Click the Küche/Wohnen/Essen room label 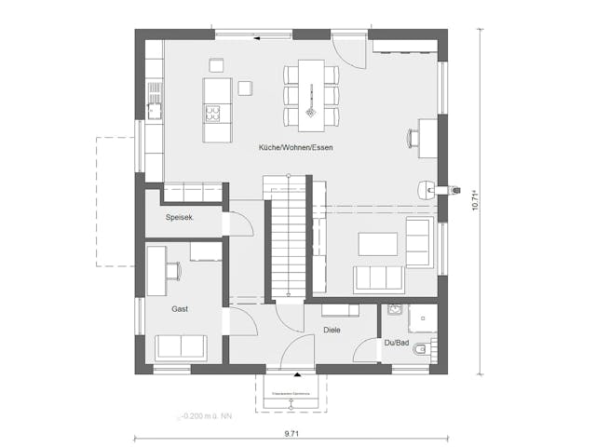click(296, 148)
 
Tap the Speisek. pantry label click(179, 218)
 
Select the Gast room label click(180, 308)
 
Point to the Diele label click(332, 330)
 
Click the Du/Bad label click(397, 343)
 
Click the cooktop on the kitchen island click(212, 115)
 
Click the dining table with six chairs click(311, 94)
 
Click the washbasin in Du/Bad click(393, 312)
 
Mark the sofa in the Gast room click(181, 347)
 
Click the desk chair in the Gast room click(173, 270)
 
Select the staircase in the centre click(286, 237)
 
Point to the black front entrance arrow click(296, 374)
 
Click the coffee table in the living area click(378, 242)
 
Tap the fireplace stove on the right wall click(426, 188)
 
